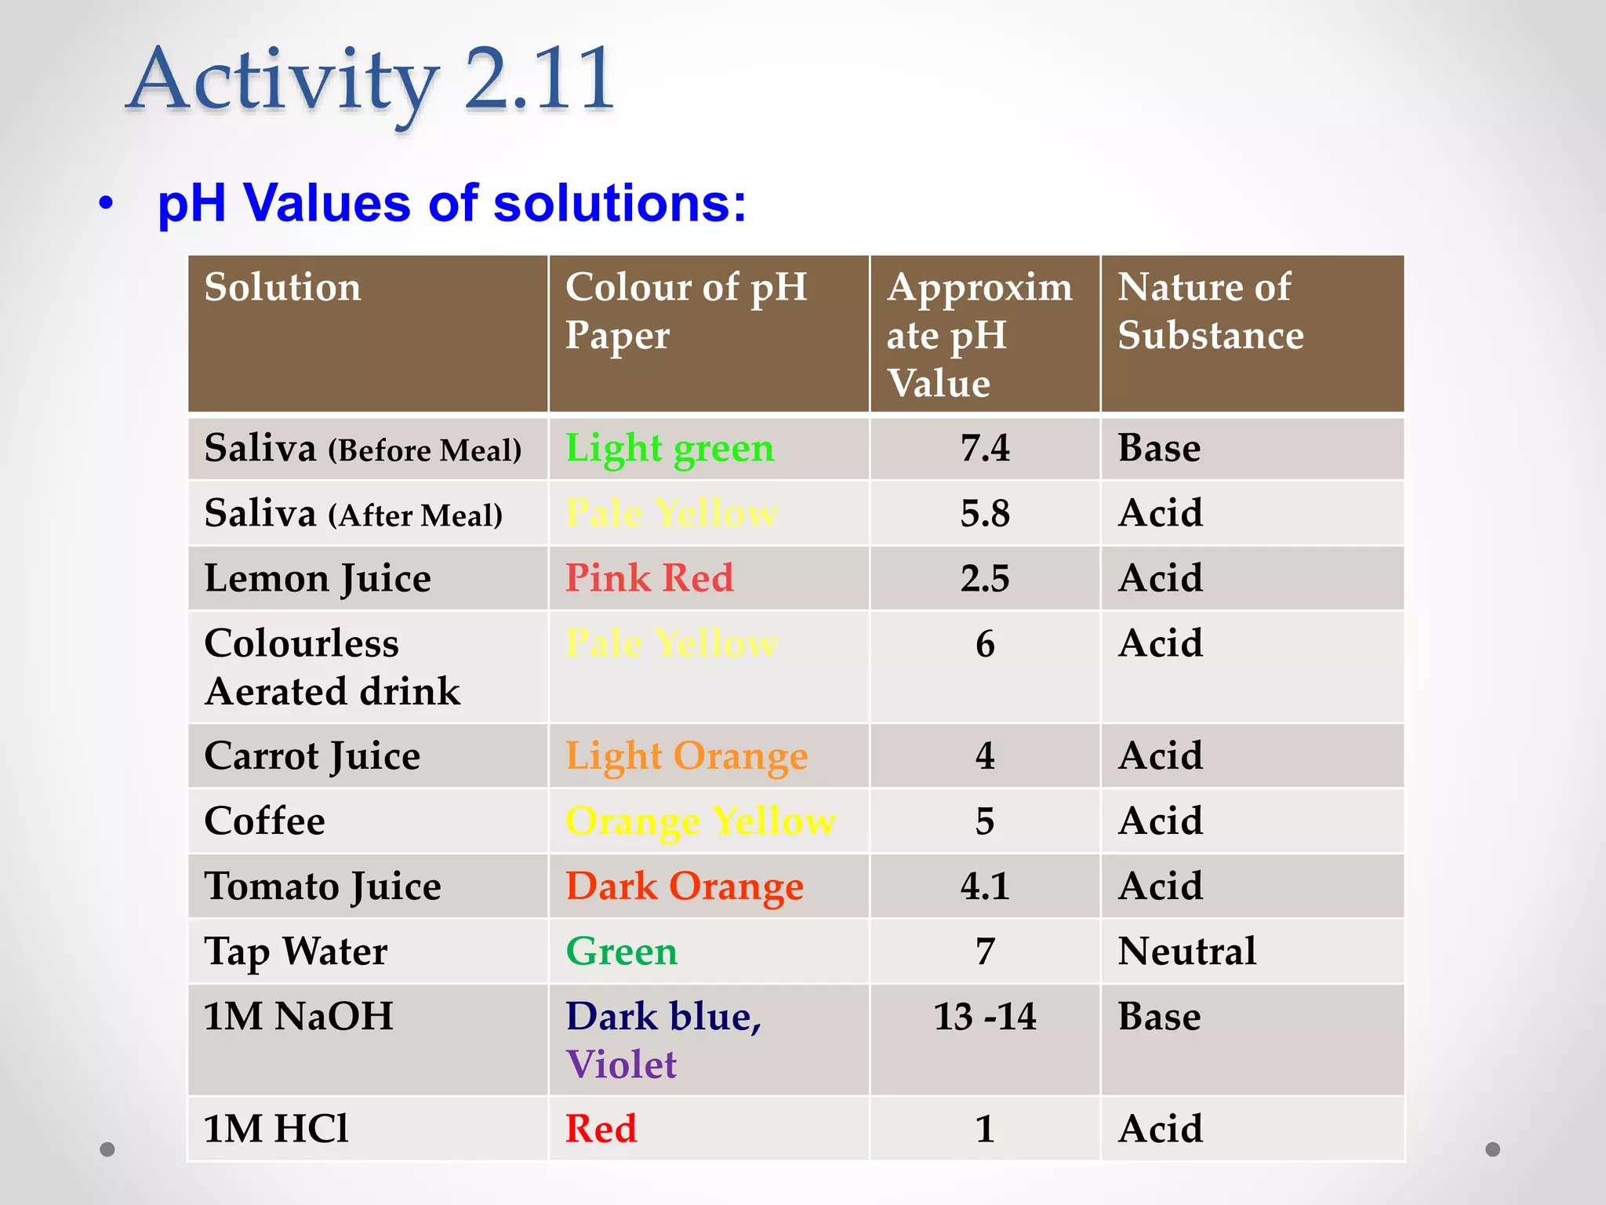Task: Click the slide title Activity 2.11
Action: pos(370,80)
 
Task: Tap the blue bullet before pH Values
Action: pos(107,204)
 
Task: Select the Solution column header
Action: pos(282,287)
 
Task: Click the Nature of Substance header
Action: pos(1210,311)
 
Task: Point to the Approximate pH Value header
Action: pos(979,335)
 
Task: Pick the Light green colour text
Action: pos(670,449)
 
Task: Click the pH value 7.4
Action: pos(985,449)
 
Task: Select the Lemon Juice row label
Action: pos(318,579)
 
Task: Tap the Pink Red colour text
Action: pos(649,579)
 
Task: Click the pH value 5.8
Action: pos(985,514)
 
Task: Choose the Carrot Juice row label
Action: pos(312,757)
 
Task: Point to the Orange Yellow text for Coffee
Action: pos(700,822)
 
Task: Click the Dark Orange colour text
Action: pos(684,887)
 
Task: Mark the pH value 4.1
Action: pos(985,887)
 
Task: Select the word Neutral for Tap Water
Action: pos(1186,952)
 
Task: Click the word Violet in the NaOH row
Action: pos(621,1065)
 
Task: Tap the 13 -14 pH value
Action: pos(985,1017)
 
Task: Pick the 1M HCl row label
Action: pos(276,1130)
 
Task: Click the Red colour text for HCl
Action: pos(601,1130)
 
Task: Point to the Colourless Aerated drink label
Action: pos(332,668)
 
